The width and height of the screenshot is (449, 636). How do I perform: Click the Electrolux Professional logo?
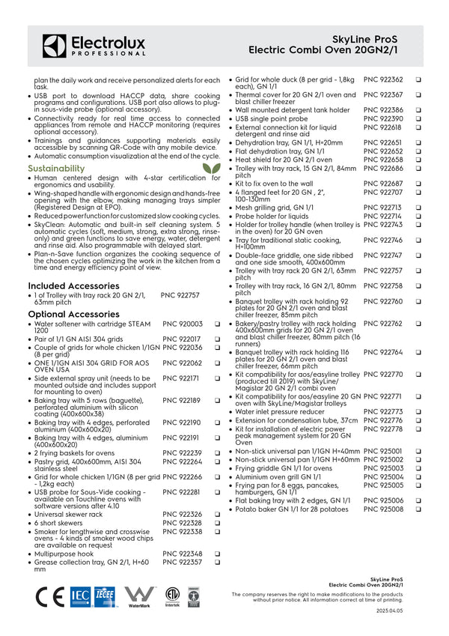point(94,45)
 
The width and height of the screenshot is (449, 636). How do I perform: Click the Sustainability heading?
point(56,169)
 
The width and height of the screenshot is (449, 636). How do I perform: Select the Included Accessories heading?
point(73,286)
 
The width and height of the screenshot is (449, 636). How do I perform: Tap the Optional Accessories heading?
point(73,314)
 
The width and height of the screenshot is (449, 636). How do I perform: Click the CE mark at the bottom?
point(49,596)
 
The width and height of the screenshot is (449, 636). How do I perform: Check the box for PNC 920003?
point(216,324)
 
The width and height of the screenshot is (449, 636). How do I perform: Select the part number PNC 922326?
point(183,515)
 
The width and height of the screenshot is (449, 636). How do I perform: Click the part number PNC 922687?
point(383,184)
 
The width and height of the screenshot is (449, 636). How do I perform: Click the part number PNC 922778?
point(383,429)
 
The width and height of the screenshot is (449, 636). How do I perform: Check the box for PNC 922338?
point(216,531)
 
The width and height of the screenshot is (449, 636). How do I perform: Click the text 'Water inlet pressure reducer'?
point(280,412)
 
